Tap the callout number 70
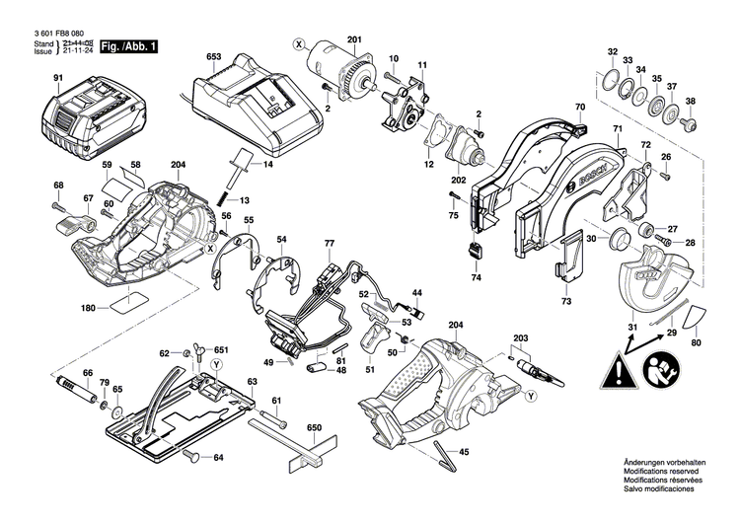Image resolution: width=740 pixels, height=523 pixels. pos(580,107)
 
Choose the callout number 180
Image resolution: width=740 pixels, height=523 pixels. pos(89,308)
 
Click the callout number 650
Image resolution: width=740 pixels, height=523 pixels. pos(314,426)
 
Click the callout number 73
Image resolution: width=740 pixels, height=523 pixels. pos(566,300)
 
